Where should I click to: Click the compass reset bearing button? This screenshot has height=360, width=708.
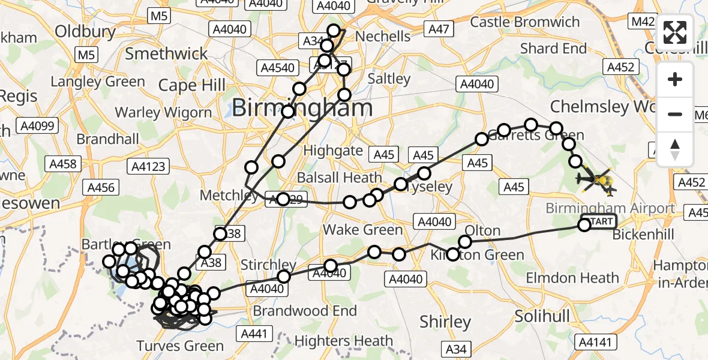(x=675, y=149)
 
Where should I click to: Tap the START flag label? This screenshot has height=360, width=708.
(x=601, y=222)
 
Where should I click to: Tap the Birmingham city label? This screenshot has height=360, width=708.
(x=302, y=109)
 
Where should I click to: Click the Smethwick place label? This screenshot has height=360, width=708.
(x=166, y=54)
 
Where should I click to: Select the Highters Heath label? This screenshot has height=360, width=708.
(x=343, y=341)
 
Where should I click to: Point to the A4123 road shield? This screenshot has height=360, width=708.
(x=148, y=166)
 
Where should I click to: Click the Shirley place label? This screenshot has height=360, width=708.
(x=445, y=322)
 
